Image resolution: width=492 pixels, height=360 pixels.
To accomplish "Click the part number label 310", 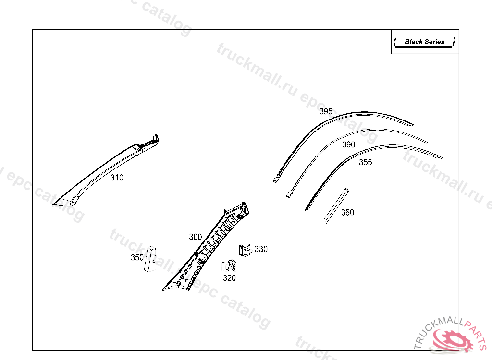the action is click(117, 178).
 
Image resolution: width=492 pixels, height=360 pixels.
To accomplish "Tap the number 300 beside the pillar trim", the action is click(195, 237).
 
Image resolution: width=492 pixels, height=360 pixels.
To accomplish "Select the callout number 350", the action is click(137, 257).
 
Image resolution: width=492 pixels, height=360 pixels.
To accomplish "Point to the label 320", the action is click(229, 278).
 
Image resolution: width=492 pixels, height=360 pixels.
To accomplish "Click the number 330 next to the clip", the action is click(261, 249).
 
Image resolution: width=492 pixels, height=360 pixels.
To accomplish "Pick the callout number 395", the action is click(326, 111).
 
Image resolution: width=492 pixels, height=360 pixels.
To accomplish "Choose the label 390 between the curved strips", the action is click(348, 144).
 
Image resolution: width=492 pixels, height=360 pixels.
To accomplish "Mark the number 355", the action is click(365, 162).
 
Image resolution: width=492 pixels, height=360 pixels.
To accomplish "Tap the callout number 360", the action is click(347, 212).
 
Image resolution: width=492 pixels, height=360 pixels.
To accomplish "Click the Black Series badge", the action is click(425, 42).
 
